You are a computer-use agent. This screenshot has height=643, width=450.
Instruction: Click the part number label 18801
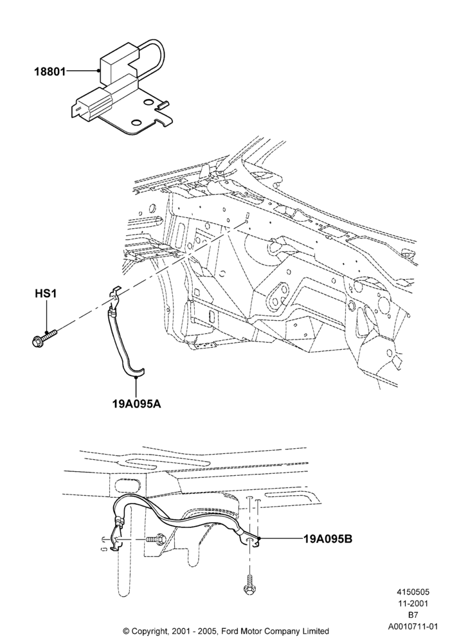point(50,72)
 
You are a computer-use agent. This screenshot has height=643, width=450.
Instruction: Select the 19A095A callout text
point(136,404)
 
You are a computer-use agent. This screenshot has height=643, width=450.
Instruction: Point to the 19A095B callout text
point(328,538)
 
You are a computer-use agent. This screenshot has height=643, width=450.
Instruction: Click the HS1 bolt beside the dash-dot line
point(44,337)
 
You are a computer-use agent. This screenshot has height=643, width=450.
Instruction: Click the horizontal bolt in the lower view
point(156,539)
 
